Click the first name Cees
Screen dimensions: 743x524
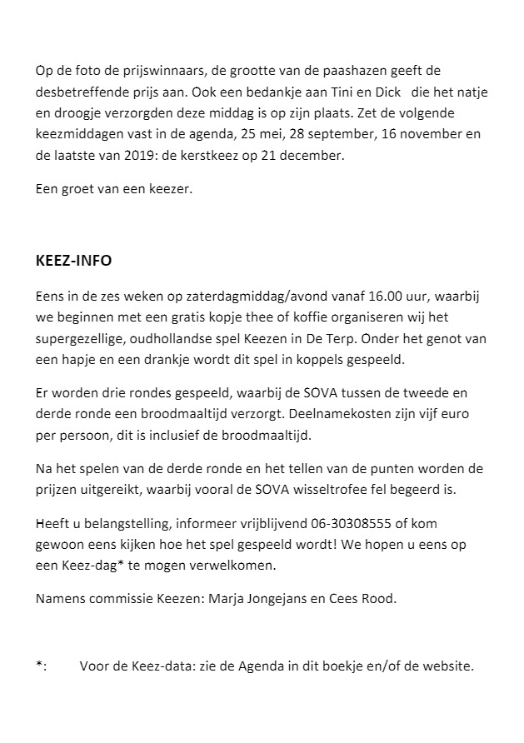[345, 598]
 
